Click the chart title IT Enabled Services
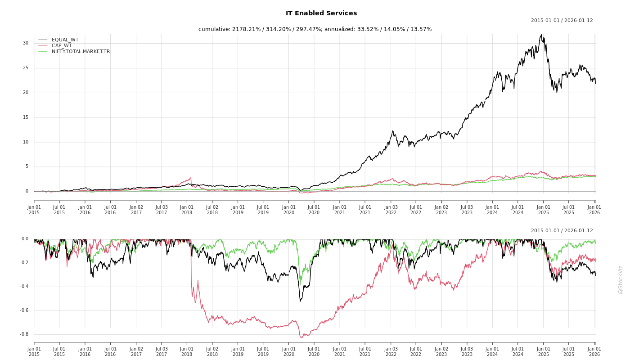point(321,13)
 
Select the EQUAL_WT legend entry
point(65,40)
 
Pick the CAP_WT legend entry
point(62,46)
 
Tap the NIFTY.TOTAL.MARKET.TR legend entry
point(81,52)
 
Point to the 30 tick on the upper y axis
point(26,43)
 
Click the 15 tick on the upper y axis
point(26,117)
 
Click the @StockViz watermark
point(621,280)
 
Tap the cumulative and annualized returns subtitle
point(315,29)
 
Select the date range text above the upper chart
point(562,21)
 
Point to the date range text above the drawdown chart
point(562,231)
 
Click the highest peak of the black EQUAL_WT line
point(541,35)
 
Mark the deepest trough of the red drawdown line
point(301,337)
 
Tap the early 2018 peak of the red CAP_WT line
point(191,178)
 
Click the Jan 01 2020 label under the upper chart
point(288,210)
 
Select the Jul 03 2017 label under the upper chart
point(161,210)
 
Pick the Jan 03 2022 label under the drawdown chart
point(391,351)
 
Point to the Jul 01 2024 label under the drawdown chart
point(518,351)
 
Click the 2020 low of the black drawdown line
point(300,301)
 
